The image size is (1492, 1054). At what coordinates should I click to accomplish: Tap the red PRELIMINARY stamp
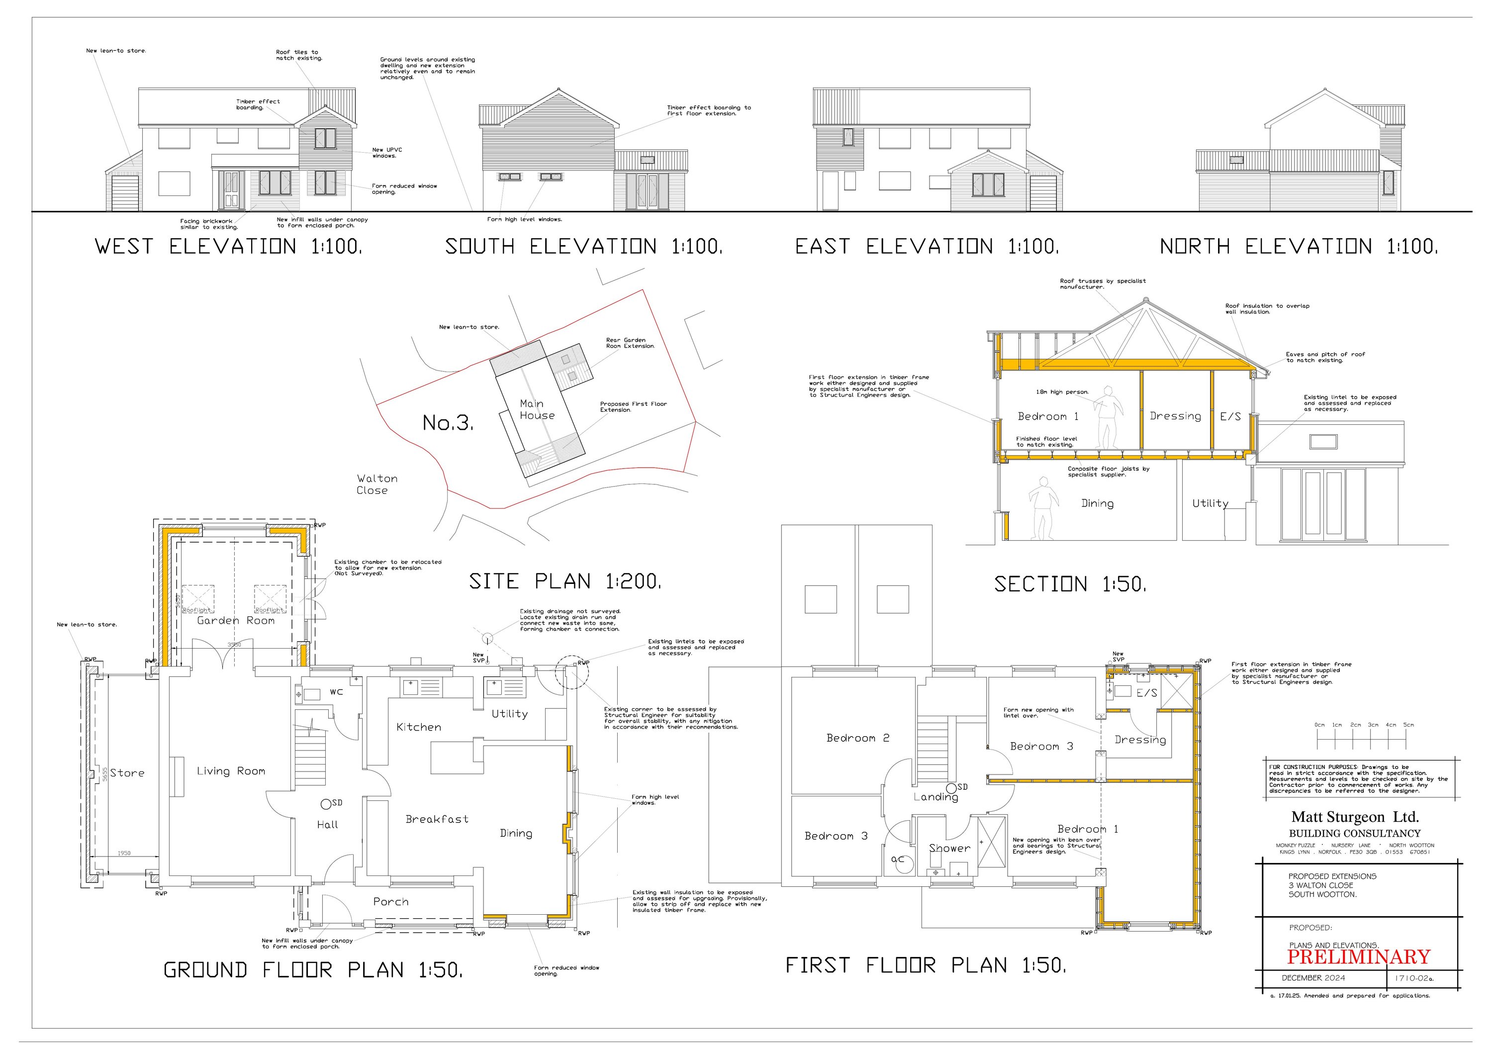(1358, 957)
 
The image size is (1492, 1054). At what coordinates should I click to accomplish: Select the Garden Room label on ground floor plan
(236, 621)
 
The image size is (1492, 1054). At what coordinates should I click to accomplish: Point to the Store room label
(127, 773)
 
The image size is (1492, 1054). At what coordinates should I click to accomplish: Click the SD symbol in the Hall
(326, 804)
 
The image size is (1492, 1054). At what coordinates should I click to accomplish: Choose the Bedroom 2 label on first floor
(858, 738)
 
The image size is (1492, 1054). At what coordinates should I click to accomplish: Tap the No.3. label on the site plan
(448, 423)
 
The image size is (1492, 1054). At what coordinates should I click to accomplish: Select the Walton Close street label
(376, 484)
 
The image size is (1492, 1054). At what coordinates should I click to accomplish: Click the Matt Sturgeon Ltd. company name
(1355, 817)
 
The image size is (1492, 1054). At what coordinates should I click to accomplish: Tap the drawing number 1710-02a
(1413, 978)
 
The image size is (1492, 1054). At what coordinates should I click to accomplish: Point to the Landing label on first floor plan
(936, 797)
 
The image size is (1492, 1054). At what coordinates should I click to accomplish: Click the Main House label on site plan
(537, 409)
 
